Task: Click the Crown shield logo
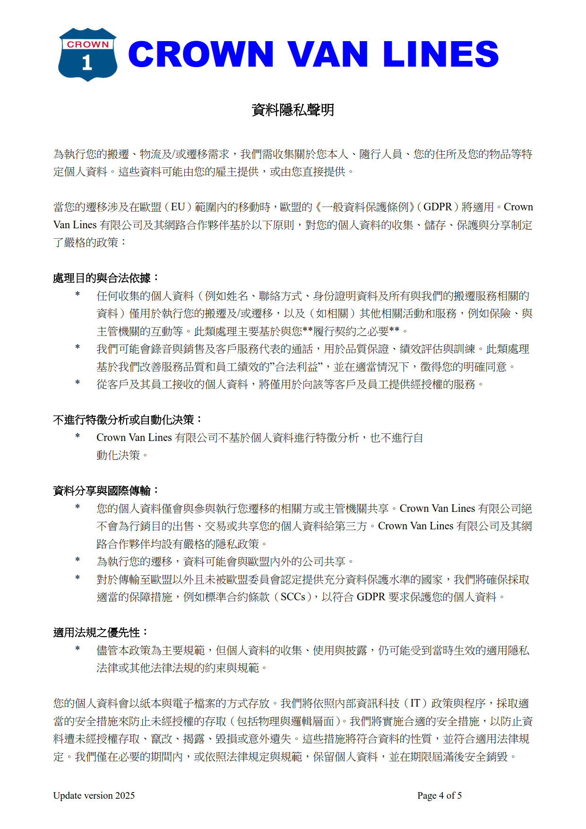[87, 54]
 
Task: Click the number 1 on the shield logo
[87, 63]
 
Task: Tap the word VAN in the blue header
[327, 54]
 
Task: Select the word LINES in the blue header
[440, 54]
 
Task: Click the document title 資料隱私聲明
[293, 110]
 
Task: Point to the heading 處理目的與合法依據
[102, 278]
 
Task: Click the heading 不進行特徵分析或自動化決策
[123, 420]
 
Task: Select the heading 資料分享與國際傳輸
[102, 491]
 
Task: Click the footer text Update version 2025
[94, 795]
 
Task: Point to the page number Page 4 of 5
[439, 795]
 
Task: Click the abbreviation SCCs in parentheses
[293, 597]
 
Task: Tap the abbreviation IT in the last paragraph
[415, 703]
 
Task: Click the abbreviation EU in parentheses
[178, 207]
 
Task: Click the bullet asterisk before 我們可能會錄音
[78, 348]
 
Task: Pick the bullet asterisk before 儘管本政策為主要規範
[78, 649]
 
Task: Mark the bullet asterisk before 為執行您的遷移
[78, 561]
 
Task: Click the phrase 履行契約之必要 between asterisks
[351, 331]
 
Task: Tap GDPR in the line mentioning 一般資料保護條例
[437, 207]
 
